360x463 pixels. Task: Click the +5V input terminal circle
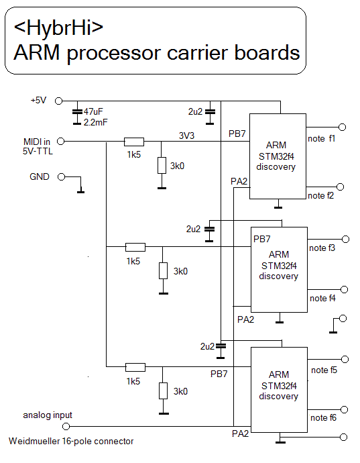pyautogui.click(x=59, y=101)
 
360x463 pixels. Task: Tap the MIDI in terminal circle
pyautogui.click(x=60, y=142)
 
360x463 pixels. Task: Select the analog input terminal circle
pyautogui.click(x=66, y=426)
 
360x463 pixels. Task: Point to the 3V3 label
pyautogui.click(x=186, y=136)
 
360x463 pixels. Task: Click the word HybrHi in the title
pyautogui.click(x=58, y=28)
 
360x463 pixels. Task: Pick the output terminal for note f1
pyautogui.click(x=343, y=127)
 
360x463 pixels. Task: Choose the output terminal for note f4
pyautogui.click(x=345, y=289)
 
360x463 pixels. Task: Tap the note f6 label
pyautogui.click(x=323, y=417)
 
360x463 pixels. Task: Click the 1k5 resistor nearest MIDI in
pyautogui.click(x=134, y=142)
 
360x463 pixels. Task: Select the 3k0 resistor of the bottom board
pyautogui.click(x=163, y=391)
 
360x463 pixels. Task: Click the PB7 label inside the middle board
pyautogui.click(x=261, y=239)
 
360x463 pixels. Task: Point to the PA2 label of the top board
pyautogui.click(x=239, y=181)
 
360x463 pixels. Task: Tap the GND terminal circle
pyautogui.click(x=61, y=177)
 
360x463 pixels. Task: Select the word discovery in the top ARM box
pyautogui.click(x=276, y=167)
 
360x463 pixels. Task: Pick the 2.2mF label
pyautogui.click(x=96, y=122)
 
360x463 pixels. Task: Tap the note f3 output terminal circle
pyautogui.click(x=345, y=239)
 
